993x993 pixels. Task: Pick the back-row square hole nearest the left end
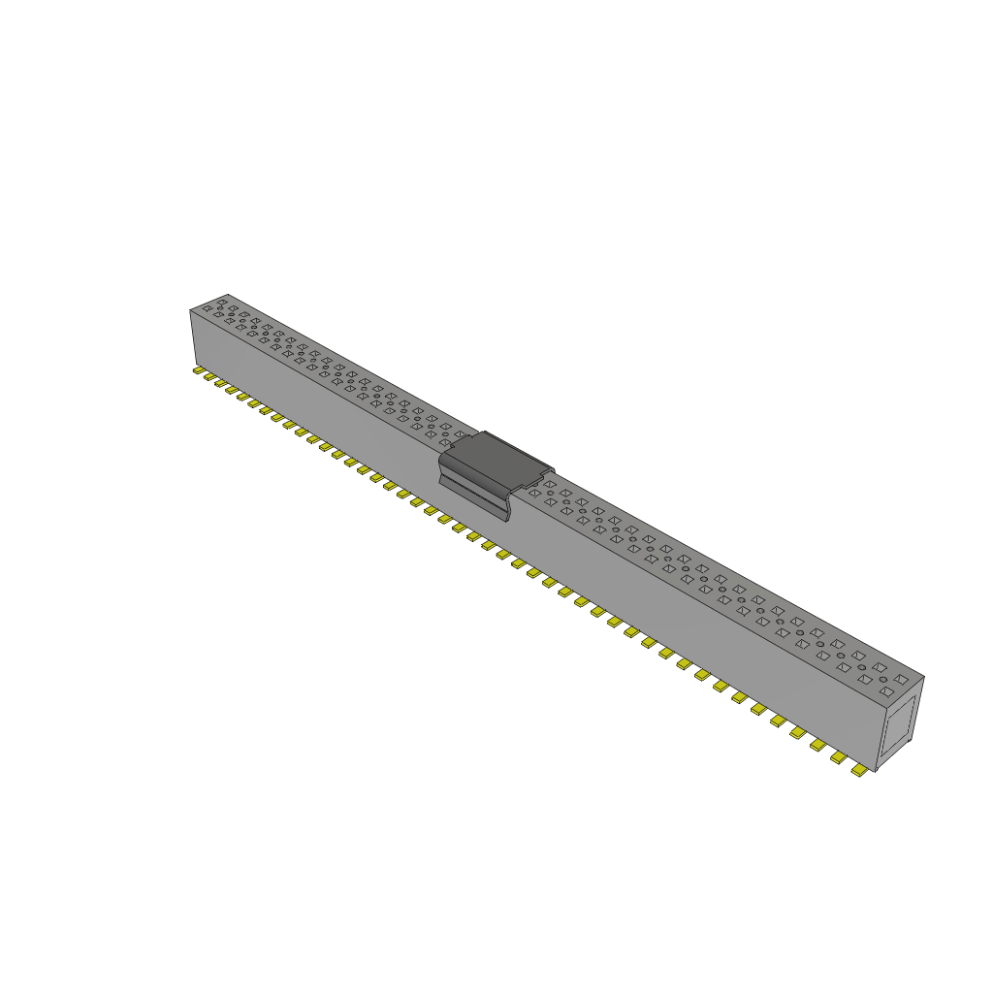pos(222,302)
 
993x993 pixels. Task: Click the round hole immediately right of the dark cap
pos(550,494)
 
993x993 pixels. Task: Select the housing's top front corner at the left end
pos(190,310)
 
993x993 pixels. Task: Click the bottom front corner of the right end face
pos(877,772)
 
